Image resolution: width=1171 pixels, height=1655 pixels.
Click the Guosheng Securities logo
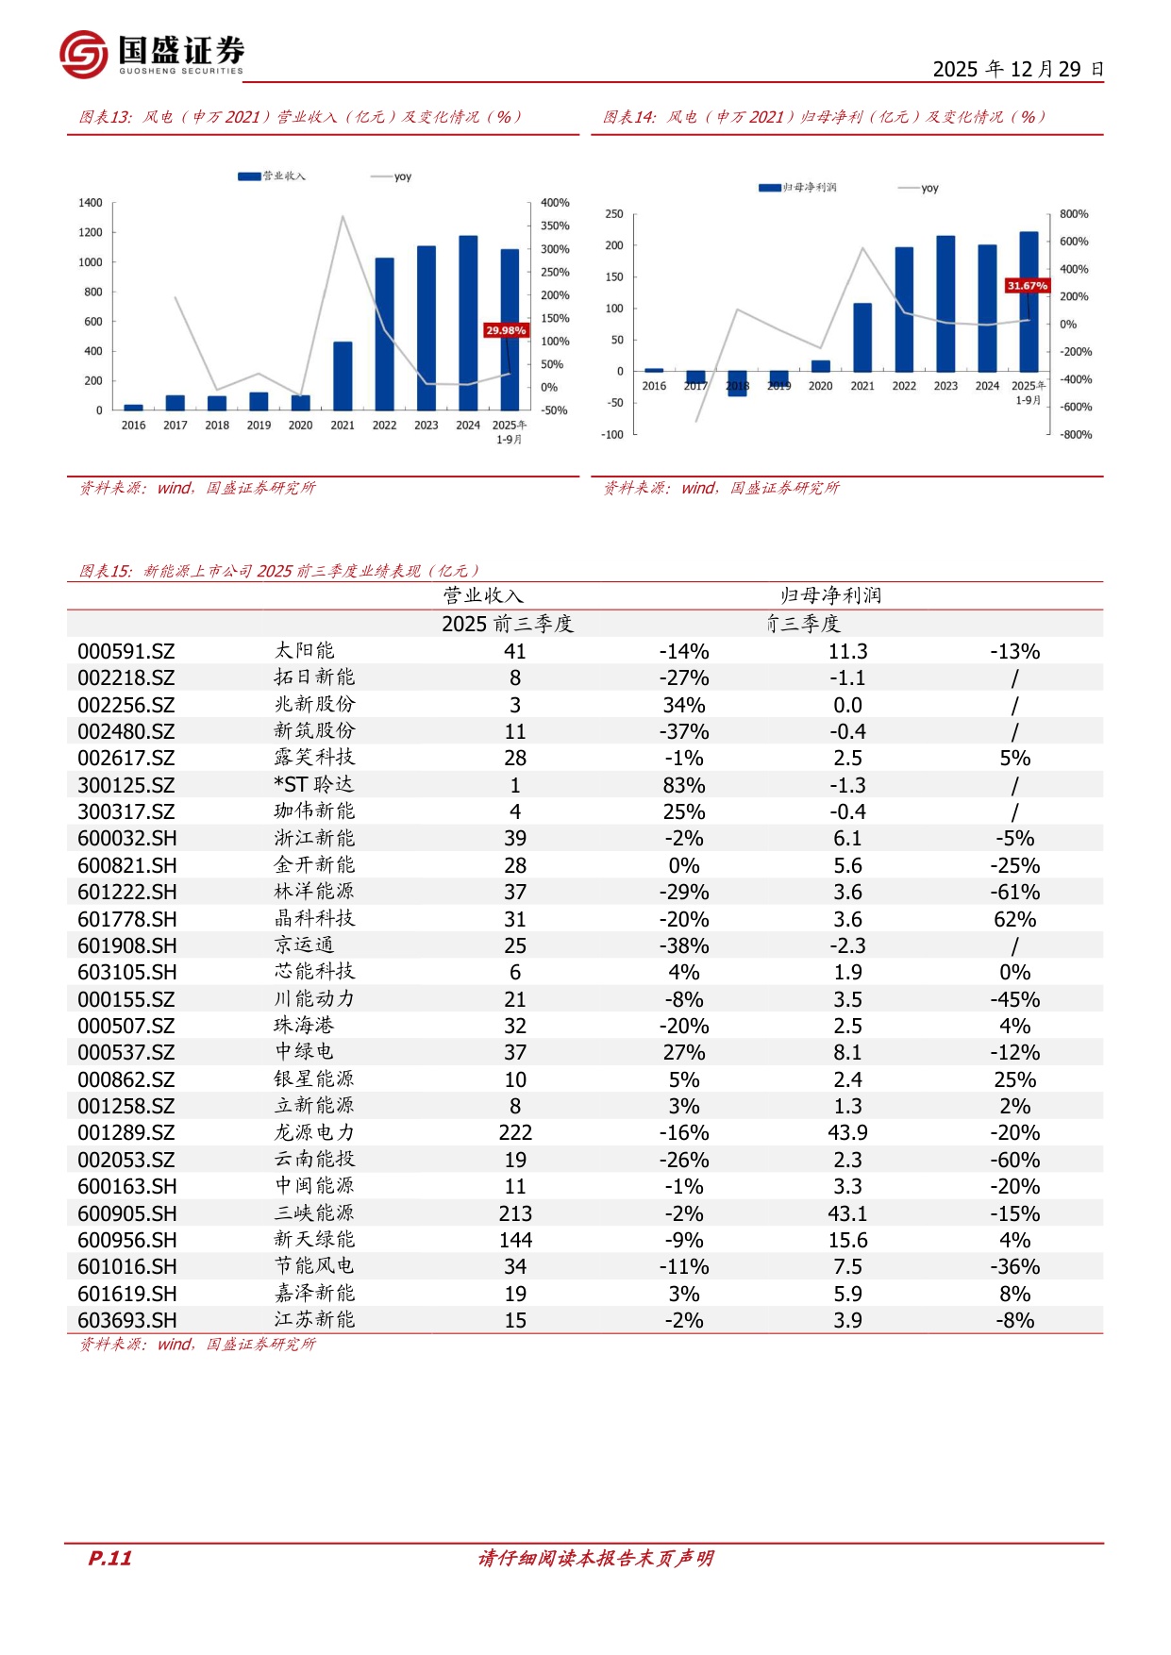152,54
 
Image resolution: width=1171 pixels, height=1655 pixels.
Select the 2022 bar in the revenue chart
384,334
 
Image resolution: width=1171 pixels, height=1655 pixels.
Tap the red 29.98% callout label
506,330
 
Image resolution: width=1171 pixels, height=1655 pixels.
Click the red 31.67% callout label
1027,285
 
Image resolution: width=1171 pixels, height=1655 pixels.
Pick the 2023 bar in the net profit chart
945,304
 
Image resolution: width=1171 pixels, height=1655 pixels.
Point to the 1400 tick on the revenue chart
91,203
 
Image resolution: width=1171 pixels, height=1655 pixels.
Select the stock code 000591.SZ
125,652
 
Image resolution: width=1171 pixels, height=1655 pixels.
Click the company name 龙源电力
314,1132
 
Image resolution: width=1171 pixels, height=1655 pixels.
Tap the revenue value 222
515,1133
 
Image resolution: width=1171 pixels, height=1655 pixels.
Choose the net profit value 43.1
847,1213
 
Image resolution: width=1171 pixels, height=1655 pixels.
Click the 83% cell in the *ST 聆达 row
684,786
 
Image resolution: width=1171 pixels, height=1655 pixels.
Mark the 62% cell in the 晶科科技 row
1015,920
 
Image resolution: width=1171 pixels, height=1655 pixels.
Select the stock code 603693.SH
126,1321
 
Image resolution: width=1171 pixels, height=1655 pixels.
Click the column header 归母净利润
830,595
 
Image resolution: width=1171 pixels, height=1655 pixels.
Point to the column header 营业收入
483,595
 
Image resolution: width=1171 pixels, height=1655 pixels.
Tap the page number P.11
109,1558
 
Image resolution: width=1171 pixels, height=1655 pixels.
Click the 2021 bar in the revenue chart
343,376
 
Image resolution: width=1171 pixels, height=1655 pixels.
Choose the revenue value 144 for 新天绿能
515,1241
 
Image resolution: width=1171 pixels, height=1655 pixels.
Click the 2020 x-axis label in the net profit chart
821,386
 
